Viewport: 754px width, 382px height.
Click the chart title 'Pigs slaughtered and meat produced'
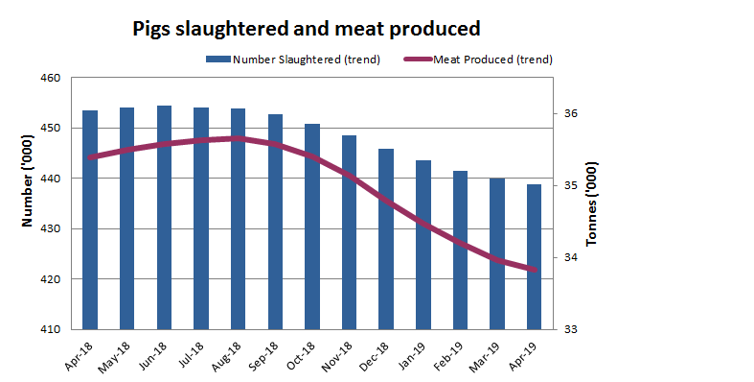point(306,29)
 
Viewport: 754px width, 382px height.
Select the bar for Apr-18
point(90,220)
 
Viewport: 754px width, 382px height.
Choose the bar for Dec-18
point(386,239)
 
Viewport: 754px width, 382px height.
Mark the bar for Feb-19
point(461,250)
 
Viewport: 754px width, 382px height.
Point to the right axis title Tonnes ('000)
point(591,203)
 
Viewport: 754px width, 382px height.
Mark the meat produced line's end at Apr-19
point(535,270)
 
